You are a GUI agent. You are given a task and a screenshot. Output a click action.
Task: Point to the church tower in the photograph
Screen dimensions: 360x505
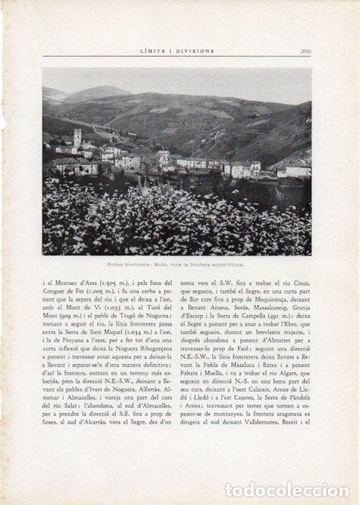tap(77, 139)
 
